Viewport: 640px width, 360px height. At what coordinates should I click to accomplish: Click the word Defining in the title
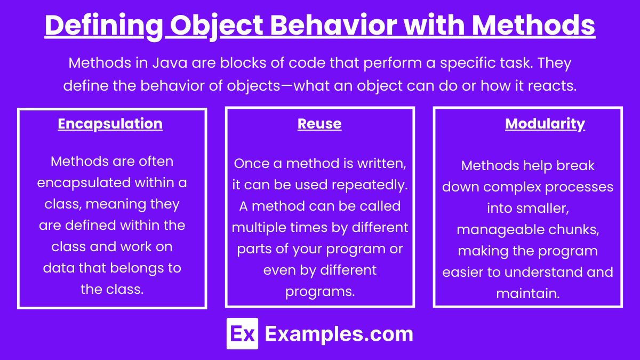tap(103, 26)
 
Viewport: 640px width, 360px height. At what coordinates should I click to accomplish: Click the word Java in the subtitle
tap(170, 62)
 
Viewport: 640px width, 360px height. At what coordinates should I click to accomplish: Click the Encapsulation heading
tap(110, 124)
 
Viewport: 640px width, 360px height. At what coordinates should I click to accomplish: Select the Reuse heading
tap(319, 124)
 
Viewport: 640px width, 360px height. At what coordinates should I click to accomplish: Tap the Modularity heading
tap(545, 124)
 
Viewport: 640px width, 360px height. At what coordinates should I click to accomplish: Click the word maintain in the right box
tap(527, 294)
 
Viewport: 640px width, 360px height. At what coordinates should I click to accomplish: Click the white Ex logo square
tap(242, 333)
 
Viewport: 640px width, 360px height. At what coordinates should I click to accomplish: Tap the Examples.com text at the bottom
tap(339, 334)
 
